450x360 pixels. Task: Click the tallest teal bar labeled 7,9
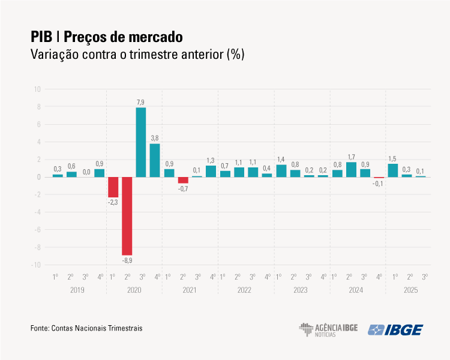[x=141, y=142]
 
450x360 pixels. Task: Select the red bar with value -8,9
[x=127, y=216]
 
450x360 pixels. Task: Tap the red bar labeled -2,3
[x=113, y=187]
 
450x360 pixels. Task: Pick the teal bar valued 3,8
[x=155, y=160]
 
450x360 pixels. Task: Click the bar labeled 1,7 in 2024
[x=351, y=170]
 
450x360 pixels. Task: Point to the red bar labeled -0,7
[x=183, y=180]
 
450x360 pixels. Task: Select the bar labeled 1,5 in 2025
[x=393, y=170]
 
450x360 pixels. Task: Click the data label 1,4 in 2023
[x=281, y=159]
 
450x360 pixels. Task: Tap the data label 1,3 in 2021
[x=211, y=160]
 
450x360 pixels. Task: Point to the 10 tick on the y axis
[x=37, y=89]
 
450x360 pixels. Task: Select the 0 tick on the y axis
[x=38, y=177]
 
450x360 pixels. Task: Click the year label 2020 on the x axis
[x=134, y=290]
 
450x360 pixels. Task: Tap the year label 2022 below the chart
[x=245, y=290]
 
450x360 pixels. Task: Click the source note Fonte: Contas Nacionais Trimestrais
[x=86, y=328]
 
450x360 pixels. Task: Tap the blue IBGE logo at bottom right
[x=395, y=329]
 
